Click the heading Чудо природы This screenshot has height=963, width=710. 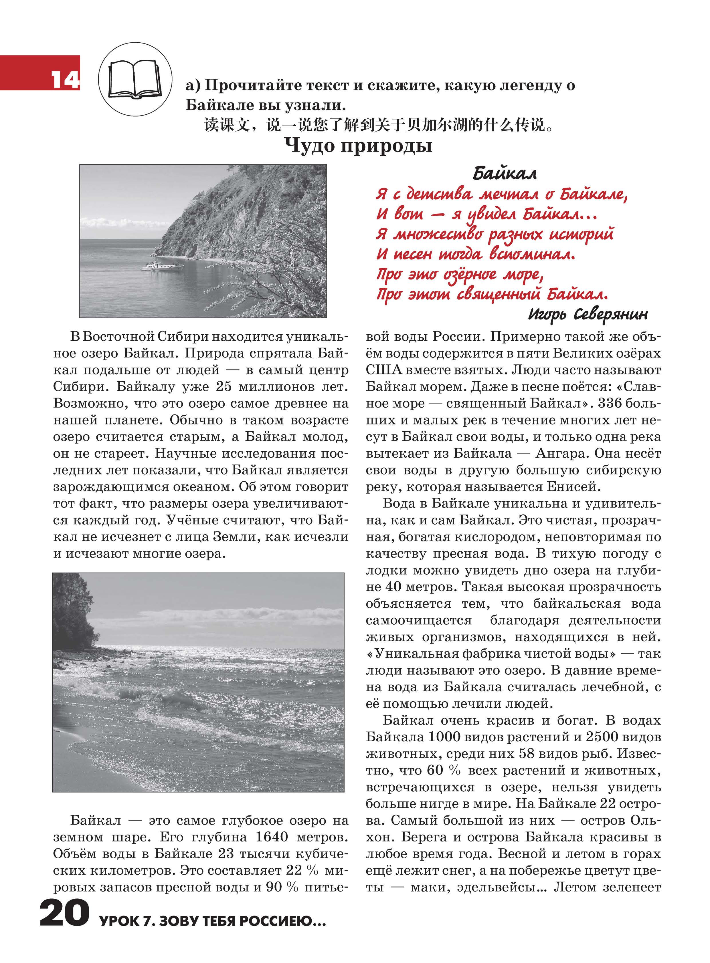coord(359,146)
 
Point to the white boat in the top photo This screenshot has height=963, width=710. coord(163,266)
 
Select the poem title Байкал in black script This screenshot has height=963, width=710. coord(505,174)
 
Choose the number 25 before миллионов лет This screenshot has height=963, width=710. coord(224,387)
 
